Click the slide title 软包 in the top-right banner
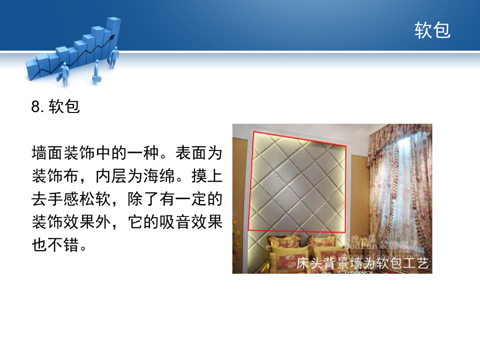(432, 30)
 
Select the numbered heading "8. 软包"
(56, 107)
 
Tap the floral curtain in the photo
(398, 187)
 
